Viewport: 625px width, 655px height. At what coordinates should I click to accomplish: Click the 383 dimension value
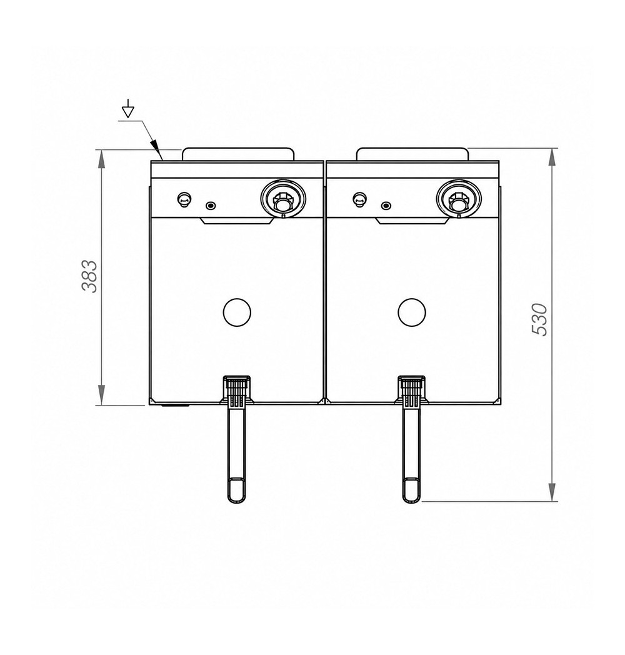(x=89, y=276)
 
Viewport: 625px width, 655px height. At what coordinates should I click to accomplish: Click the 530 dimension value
(x=539, y=319)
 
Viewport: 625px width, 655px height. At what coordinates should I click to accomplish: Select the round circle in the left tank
(x=237, y=312)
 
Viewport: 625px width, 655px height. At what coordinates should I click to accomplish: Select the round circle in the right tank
(x=412, y=312)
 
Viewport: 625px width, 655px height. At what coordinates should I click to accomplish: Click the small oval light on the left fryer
(x=211, y=205)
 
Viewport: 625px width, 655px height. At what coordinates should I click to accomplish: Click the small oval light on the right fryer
(x=386, y=205)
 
